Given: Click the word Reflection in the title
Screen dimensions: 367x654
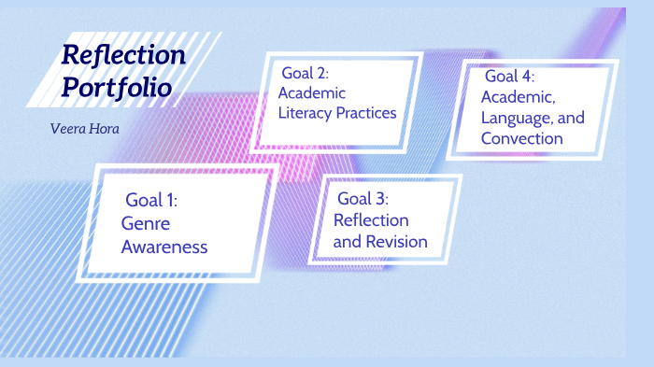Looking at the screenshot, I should click(123, 55).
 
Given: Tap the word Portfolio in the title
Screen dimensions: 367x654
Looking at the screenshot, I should click(117, 87).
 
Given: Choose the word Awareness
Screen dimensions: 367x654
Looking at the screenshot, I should click(163, 247).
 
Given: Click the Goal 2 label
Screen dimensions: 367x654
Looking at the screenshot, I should click(306, 72).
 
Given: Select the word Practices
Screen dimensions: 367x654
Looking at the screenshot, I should click(368, 113).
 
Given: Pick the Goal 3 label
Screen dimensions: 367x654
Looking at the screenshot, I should click(363, 198).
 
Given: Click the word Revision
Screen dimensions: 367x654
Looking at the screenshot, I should click(396, 242).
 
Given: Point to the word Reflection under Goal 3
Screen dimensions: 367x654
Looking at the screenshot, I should click(371, 220).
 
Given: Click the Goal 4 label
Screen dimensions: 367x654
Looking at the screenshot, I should click(509, 76).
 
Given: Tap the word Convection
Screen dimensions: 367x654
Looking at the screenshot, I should click(522, 138).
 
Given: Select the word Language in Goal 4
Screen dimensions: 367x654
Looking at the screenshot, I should click(512, 118).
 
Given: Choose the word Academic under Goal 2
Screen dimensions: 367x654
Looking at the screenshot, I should click(312, 92).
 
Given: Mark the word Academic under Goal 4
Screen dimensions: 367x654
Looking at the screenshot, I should click(517, 96).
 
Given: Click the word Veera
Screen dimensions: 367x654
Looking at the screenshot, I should click(68, 127).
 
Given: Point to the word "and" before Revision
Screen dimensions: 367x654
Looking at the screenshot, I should click(347, 242).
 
